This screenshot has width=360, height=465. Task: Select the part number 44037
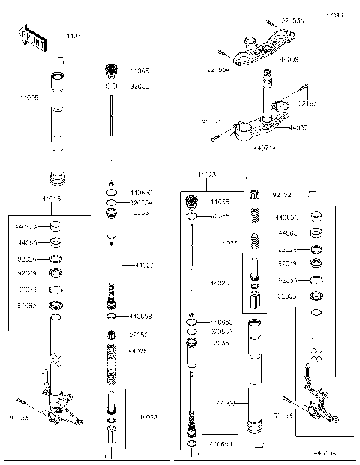(298, 128)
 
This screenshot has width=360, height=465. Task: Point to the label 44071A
(264, 148)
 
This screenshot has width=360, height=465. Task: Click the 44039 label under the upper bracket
(289, 58)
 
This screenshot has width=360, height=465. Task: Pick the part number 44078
(137, 351)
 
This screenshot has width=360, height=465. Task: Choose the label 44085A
(286, 217)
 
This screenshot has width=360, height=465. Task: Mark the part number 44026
(220, 283)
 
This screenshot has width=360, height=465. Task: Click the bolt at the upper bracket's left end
(223, 53)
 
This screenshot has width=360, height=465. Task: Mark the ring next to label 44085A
(316, 216)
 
